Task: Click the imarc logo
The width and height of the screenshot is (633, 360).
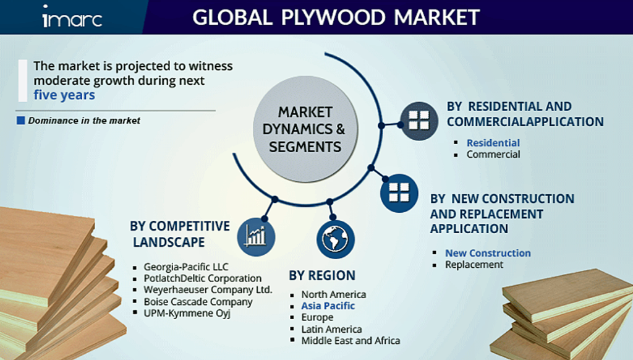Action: coord(72,17)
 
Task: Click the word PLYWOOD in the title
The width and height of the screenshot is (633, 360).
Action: coord(333,17)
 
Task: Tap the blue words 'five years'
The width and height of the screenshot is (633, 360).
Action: coord(64,95)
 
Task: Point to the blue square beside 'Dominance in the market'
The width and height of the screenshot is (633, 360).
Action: coord(20,121)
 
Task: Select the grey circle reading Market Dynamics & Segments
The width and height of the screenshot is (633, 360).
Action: coord(305,129)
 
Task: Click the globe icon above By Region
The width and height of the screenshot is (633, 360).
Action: coord(336,239)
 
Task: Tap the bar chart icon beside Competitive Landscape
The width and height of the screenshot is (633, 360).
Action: coord(256,237)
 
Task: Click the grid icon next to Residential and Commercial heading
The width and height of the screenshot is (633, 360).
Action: coord(419,121)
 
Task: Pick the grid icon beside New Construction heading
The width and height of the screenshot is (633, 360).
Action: coord(399,193)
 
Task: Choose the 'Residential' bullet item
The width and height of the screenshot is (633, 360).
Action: coord(493,143)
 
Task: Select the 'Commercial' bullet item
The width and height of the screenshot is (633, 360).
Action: coord(493,155)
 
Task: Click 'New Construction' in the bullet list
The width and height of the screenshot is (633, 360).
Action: coord(488,253)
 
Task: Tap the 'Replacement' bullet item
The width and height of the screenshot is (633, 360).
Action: coord(474,265)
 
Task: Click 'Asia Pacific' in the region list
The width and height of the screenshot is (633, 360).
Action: coord(328,306)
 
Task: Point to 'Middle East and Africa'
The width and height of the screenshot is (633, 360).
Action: coord(350,341)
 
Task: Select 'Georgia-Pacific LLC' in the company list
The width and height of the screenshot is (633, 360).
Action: coord(185,267)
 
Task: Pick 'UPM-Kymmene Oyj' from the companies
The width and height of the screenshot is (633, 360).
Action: coord(187,313)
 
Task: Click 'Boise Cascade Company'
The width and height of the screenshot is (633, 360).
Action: coord(198,302)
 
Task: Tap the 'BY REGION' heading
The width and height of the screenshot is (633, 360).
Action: coord(322,275)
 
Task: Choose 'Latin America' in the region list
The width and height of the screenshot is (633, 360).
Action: coord(331,329)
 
